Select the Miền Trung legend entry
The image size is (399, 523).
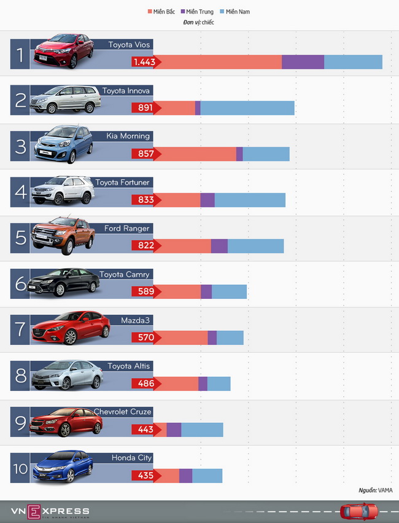tap(196, 12)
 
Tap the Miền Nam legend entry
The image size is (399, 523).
tap(234, 12)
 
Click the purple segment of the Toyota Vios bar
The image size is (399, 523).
tap(303, 62)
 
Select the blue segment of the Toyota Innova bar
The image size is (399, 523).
tap(247, 108)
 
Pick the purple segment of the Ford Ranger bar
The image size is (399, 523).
tap(219, 246)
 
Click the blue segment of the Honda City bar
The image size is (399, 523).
tap(207, 476)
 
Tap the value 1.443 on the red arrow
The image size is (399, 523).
tap(145, 62)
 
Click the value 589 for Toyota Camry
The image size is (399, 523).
tap(145, 292)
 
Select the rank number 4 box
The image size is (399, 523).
tap(20, 193)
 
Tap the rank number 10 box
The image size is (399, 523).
tap(20, 468)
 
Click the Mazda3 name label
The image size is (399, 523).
tap(136, 320)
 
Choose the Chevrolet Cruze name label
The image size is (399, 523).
tap(123, 412)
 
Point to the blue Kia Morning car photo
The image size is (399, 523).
tap(63, 145)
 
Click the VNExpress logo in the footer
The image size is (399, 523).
tap(50, 511)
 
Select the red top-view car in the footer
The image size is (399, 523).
tap(360, 510)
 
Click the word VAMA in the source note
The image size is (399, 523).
tap(385, 490)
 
